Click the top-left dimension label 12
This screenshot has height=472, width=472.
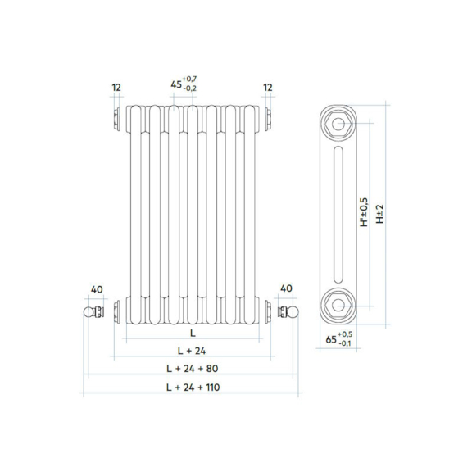[116, 88]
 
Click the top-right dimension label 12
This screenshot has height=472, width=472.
[268, 88]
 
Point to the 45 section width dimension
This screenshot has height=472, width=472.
[176, 84]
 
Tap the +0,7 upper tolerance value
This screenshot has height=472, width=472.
[189, 79]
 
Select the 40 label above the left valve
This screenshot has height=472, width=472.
[97, 289]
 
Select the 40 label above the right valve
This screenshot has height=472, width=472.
[286, 288]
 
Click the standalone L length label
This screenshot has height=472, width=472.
[193, 333]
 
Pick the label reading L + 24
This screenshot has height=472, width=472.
[192, 351]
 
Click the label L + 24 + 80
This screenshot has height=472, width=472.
[192, 369]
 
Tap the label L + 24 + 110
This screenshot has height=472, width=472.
[193, 388]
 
